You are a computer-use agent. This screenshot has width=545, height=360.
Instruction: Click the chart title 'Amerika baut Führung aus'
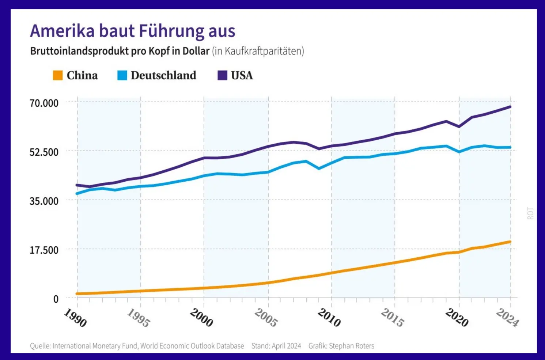(132, 31)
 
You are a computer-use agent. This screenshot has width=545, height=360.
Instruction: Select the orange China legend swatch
(58, 75)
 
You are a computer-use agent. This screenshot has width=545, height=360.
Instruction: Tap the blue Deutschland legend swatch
(122, 75)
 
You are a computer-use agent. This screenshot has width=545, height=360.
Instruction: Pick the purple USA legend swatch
(222, 75)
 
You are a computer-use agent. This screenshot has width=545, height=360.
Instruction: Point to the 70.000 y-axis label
(44, 103)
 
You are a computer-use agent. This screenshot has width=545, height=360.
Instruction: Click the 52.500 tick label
(44, 152)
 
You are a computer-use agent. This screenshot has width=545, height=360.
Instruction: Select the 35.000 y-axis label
(44, 201)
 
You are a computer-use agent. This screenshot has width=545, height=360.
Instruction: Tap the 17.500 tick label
(44, 250)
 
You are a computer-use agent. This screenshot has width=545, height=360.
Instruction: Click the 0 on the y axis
(56, 299)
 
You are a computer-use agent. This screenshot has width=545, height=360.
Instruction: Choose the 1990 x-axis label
(75, 318)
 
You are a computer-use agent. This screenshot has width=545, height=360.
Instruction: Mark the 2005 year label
(266, 318)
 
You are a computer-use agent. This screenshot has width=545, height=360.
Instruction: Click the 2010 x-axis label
(329, 318)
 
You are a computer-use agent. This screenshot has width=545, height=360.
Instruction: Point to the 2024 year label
(507, 318)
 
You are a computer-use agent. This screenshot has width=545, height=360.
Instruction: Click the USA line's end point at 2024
(510, 107)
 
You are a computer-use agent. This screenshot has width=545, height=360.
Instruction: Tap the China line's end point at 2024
(510, 242)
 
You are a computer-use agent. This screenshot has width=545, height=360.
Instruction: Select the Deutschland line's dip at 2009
(319, 168)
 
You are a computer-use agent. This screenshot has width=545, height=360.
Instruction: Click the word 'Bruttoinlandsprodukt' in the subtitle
(78, 51)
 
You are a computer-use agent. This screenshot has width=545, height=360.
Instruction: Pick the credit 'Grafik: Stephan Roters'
(341, 346)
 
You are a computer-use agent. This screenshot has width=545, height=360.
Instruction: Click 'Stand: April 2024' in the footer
(276, 346)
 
